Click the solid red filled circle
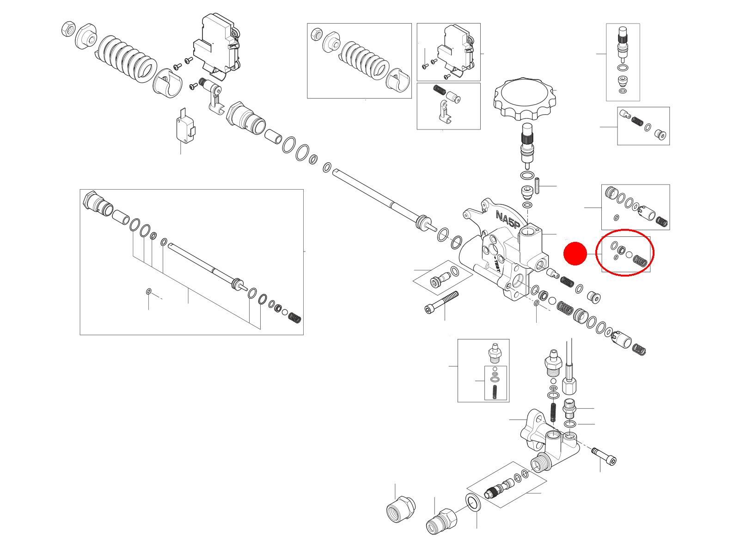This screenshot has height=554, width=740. click(x=575, y=253)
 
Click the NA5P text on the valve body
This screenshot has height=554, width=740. click(x=508, y=221)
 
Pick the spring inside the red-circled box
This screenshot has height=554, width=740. click(x=640, y=261)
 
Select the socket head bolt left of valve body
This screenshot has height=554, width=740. click(x=441, y=303)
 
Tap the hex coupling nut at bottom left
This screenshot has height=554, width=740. click(x=400, y=509)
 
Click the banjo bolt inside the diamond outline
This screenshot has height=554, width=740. click(x=440, y=279)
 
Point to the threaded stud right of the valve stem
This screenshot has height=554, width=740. click(x=538, y=186)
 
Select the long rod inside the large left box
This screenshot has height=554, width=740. click(x=203, y=265)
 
